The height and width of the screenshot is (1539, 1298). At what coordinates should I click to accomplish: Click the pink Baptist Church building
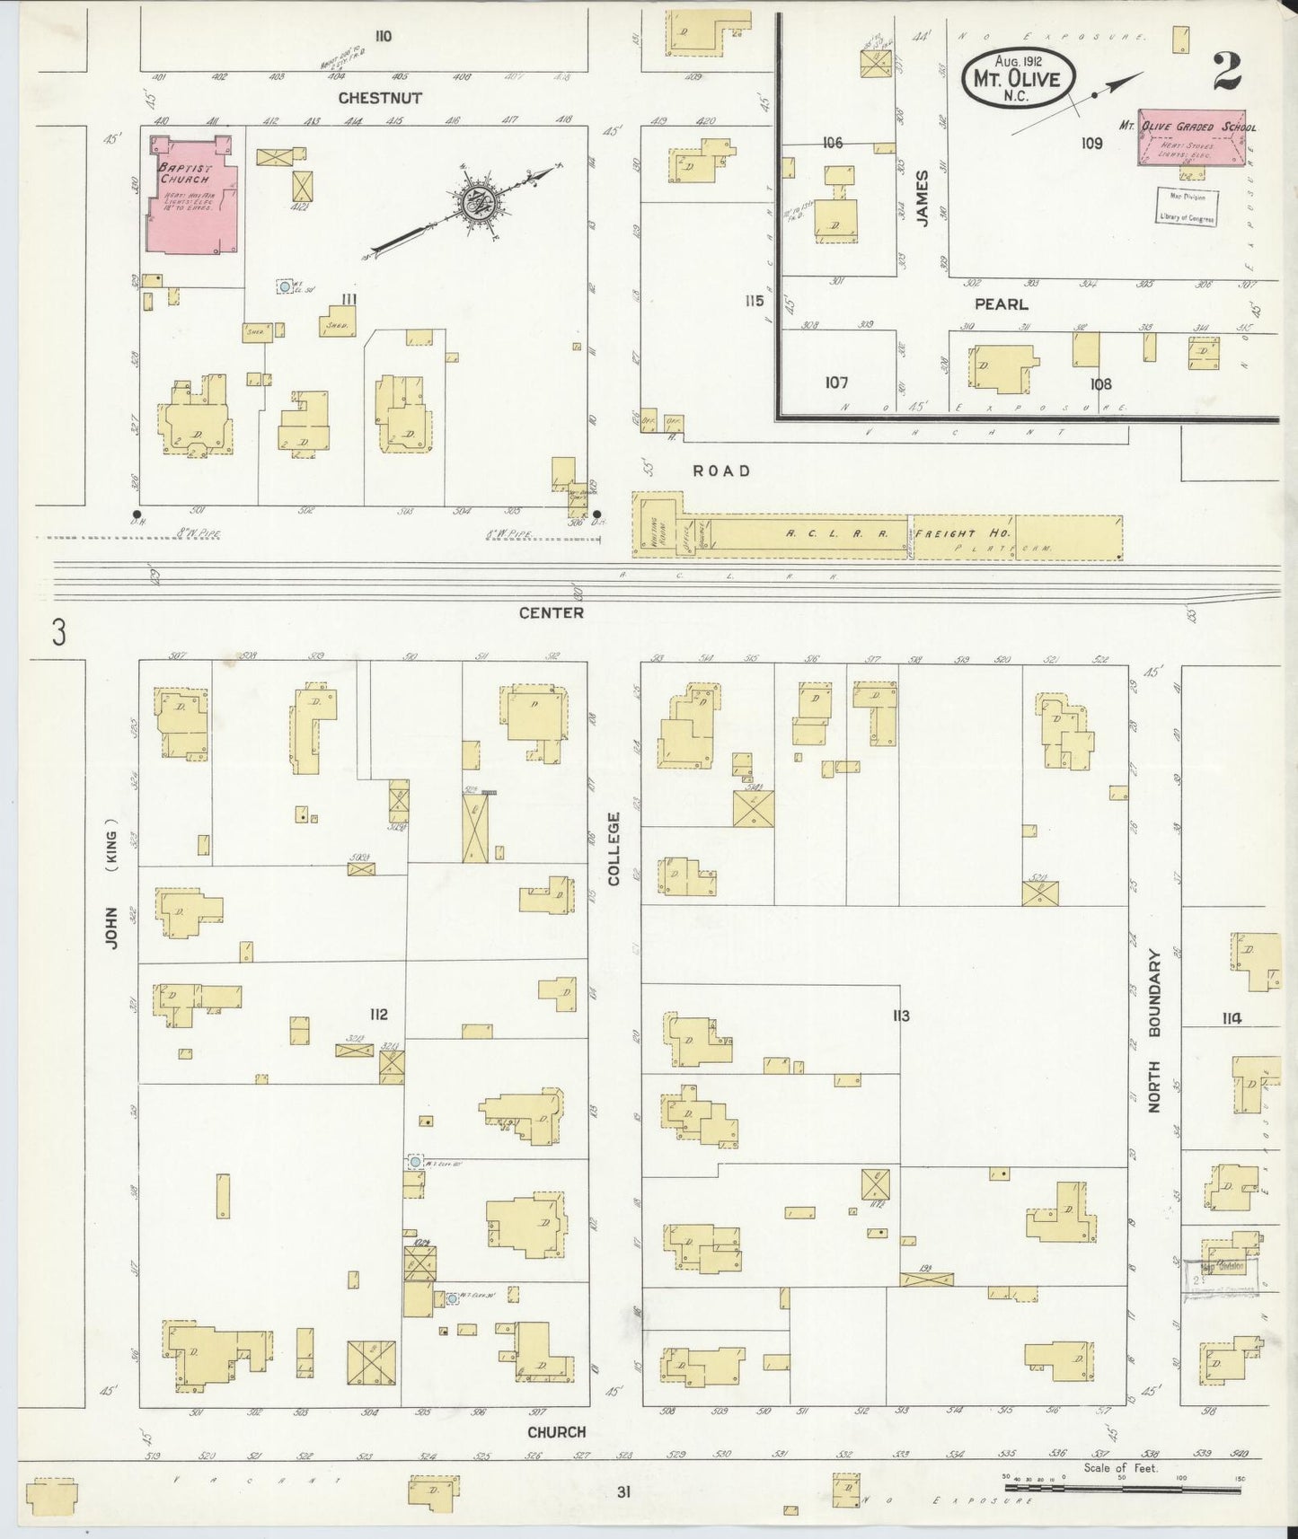[x=194, y=195]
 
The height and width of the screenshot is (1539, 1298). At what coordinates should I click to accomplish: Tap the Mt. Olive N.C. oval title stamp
[x=1017, y=80]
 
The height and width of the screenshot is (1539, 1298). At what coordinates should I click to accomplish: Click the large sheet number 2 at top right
[x=1226, y=72]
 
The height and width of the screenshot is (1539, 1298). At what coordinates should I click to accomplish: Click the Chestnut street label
[x=380, y=97]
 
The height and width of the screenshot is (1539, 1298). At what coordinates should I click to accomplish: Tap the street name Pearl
[x=1001, y=304]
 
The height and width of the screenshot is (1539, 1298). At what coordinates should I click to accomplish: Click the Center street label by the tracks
[x=551, y=612]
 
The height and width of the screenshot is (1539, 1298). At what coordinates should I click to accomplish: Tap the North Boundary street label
[x=1154, y=1032]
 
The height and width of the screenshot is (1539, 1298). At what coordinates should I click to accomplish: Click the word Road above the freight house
[x=720, y=470]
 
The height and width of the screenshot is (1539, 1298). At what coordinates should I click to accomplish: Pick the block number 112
[x=378, y=1014]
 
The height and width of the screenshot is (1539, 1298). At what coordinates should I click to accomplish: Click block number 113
[x=901, y=1016]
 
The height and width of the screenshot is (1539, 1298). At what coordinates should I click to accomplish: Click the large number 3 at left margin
[x=58, y=634]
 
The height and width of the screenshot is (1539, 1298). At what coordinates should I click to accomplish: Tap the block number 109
[x=1091, y=143]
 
